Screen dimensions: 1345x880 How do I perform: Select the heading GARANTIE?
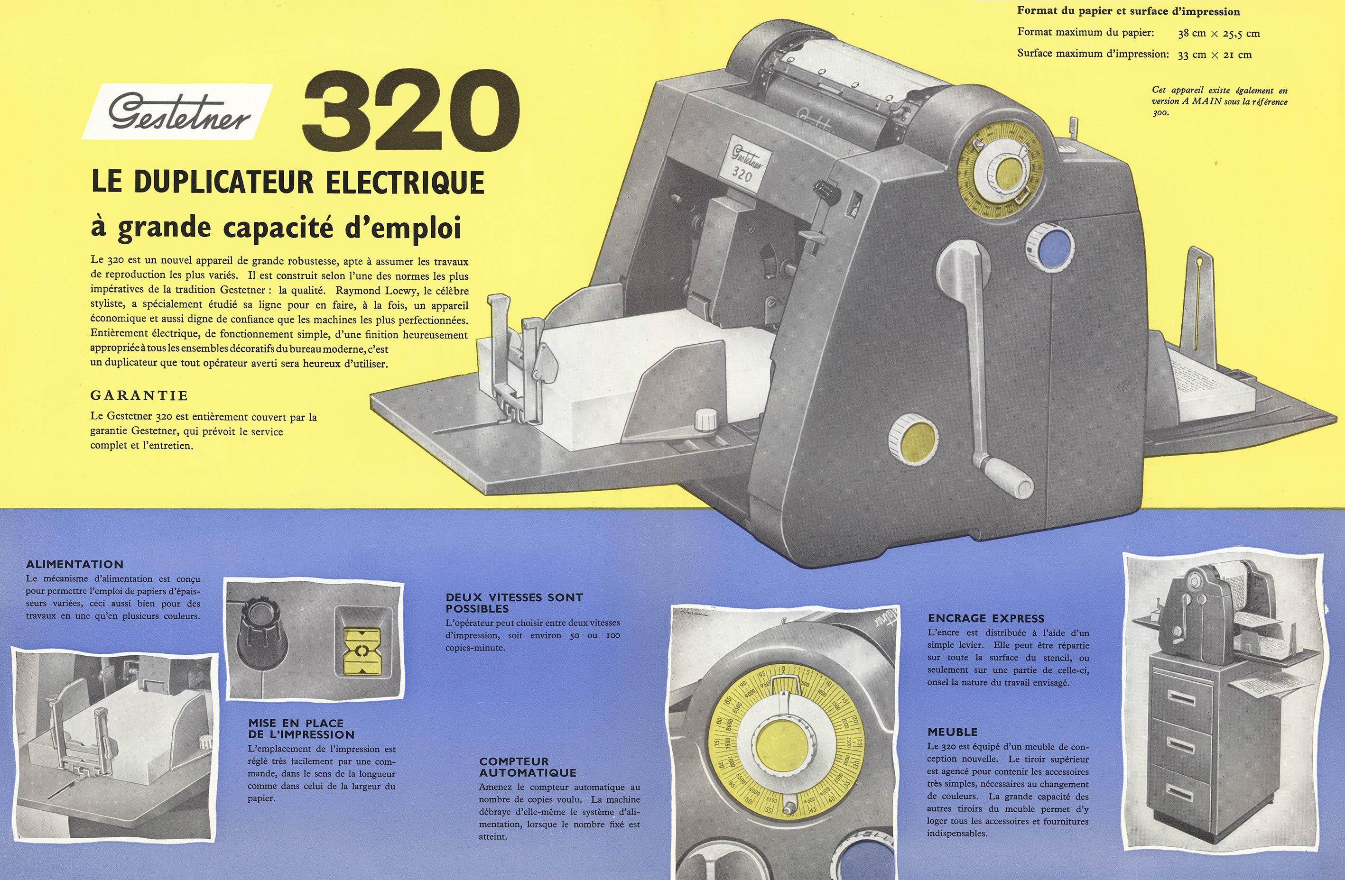139,395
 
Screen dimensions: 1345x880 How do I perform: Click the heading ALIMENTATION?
74,564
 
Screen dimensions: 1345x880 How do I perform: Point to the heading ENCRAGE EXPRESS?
986,618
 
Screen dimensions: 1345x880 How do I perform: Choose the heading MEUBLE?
952,732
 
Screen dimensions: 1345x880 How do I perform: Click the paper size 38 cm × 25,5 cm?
1219,33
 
